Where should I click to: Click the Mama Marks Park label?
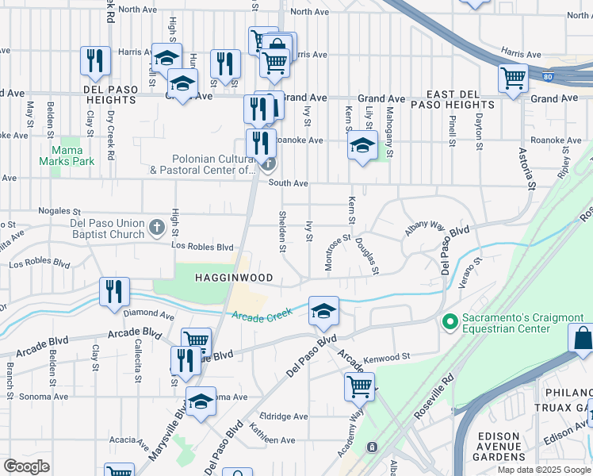point(72,155)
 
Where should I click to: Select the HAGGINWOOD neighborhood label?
point(235,278)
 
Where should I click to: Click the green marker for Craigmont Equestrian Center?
point(450,322)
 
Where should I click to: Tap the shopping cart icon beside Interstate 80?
point(513,79)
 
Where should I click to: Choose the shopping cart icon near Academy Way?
point(359,387)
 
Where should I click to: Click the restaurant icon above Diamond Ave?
point(114,291)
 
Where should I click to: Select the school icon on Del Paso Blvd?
point(323,311)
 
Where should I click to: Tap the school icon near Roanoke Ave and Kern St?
point(362,145)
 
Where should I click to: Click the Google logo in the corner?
point(25,466)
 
